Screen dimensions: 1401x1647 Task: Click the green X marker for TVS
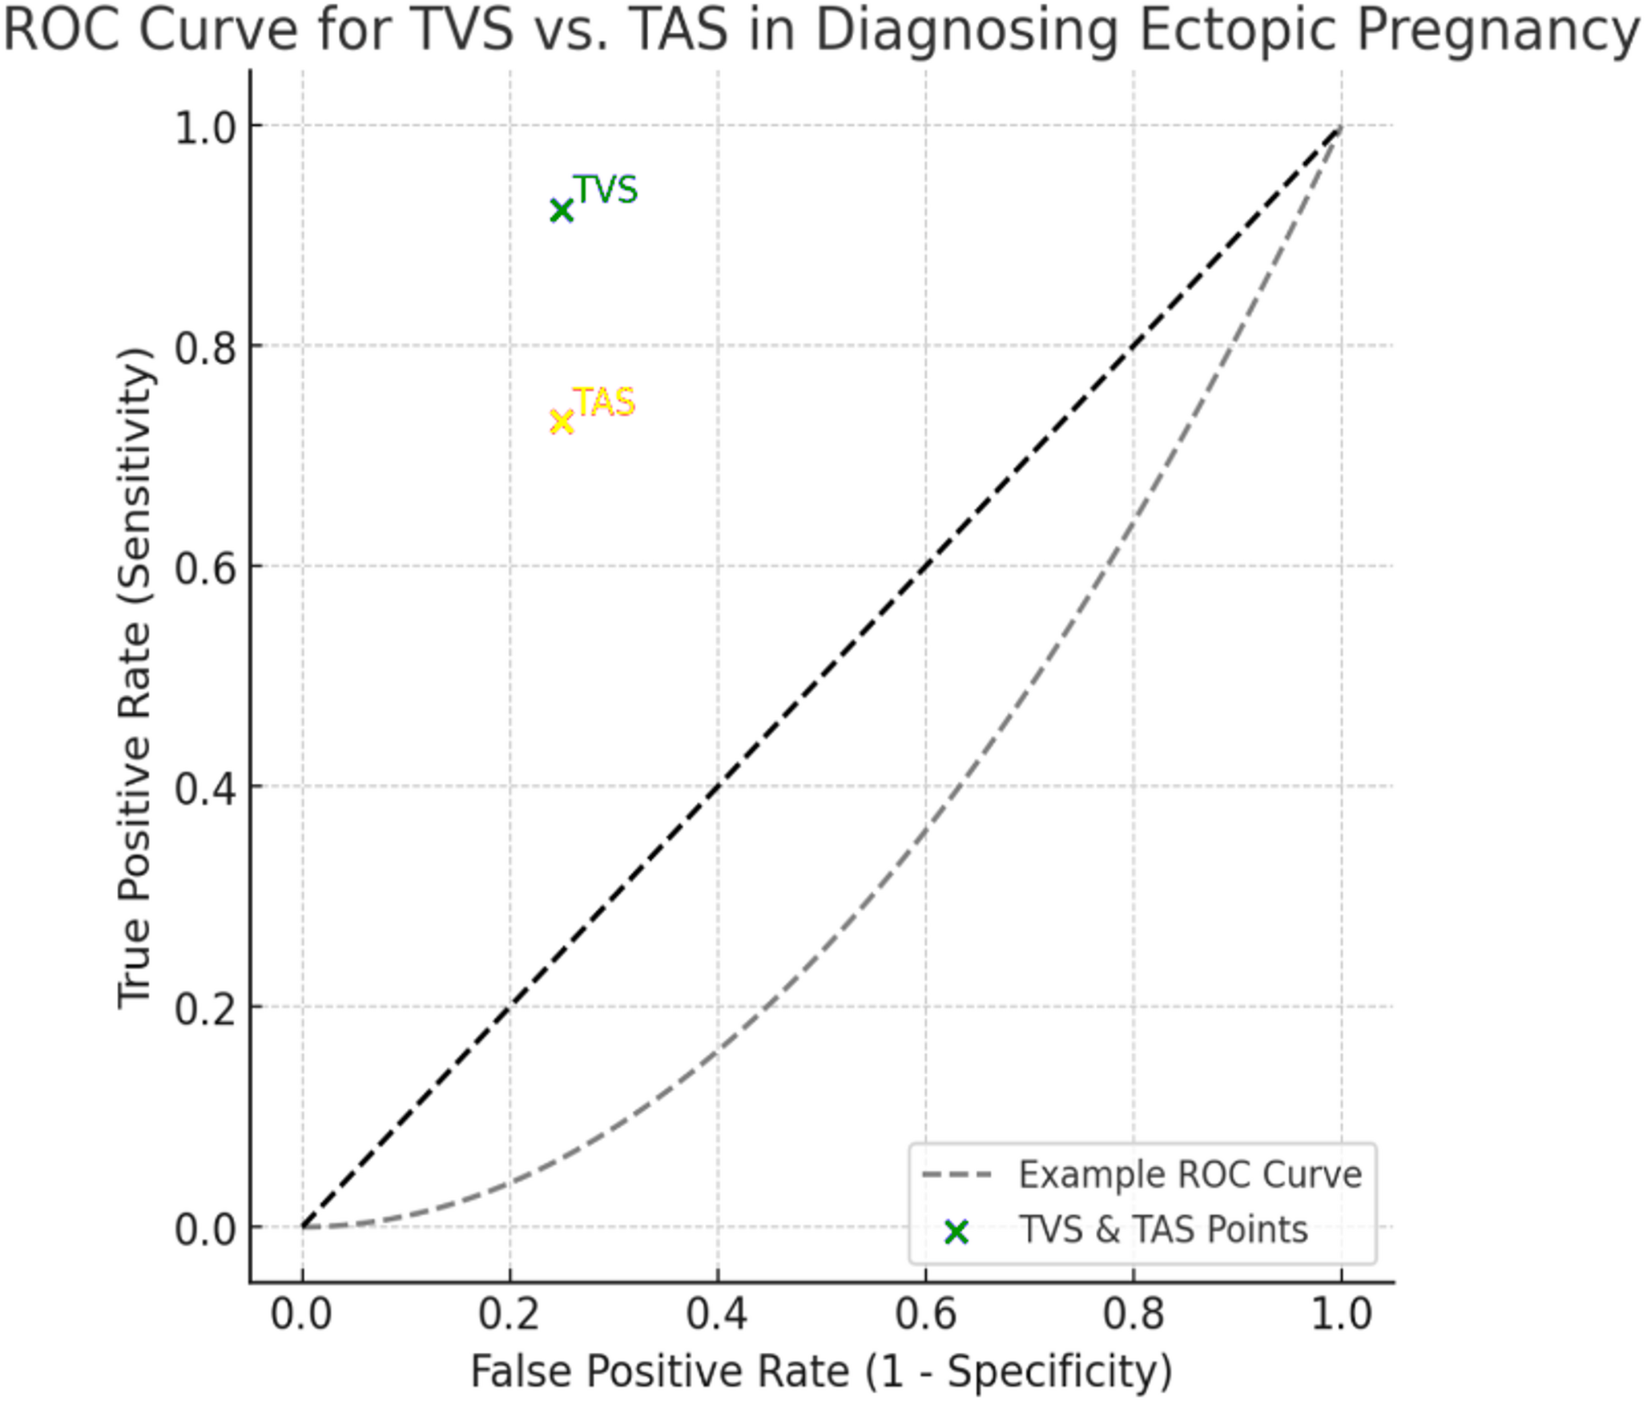[x=562, y=211]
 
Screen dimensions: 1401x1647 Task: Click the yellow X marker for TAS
[x=562, y=422]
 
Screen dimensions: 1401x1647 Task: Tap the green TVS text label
[x=606, y=191]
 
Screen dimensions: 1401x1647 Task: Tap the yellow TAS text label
[x=605, y=402]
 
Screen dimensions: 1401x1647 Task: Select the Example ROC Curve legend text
[x=1190, y=1176]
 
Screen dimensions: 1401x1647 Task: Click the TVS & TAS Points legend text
[x=1163, y=1230]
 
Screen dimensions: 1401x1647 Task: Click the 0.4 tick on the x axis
[x=717, y=1315]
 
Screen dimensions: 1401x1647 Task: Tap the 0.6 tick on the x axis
[x=925, y=1315]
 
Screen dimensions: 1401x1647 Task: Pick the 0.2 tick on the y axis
[x=204, y=1008]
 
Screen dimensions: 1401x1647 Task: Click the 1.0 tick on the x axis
[x=1341, y=1315]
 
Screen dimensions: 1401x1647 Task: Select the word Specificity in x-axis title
[x=1059, y=1372]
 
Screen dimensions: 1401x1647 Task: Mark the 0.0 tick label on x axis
[x=301, y=1315]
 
